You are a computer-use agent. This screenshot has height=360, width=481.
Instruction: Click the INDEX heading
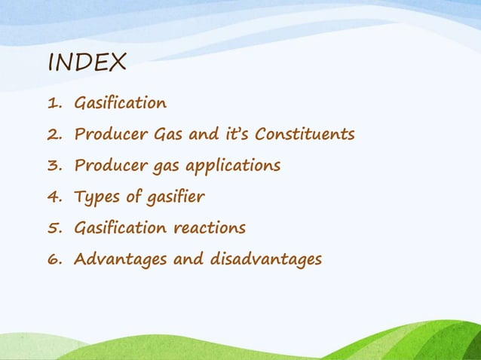pyautogui.click(x=86, y=63)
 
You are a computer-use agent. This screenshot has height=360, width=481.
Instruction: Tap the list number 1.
pyautogui.click(x=54, y=103)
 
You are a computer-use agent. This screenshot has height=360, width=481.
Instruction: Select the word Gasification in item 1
pyautogui.click(x=120, y=103)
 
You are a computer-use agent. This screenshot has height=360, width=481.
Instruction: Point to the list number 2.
pyautogui.click(x=54, y=135)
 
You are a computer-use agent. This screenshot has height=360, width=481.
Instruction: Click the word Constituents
pyautogui.click(x=305, y=135)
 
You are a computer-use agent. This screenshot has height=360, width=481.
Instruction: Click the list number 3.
pyautogui.click(x=54, y=166)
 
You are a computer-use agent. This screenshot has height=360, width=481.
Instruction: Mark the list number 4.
pyautogui.click(x=54, y=197)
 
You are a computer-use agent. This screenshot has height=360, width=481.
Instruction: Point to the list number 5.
pyautogui.click(x=54, y=228)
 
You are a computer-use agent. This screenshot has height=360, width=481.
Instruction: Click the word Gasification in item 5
pyautogui.click(x=120, y=228)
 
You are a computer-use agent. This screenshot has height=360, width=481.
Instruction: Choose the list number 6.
pyautogui.click(x=54, y=260)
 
